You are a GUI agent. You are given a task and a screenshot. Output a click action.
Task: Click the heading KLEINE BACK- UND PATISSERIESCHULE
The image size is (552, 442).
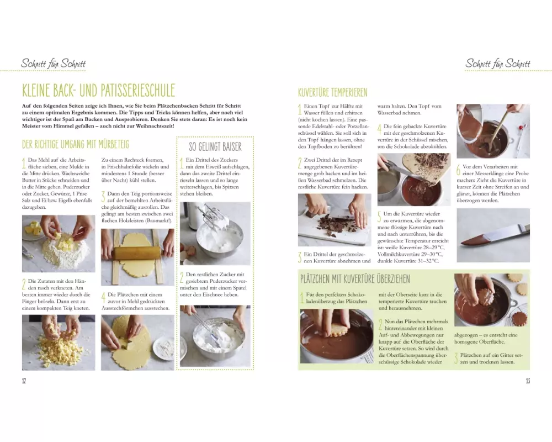point(98,90)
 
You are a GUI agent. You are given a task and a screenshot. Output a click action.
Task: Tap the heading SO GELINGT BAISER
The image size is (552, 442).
point(215,146)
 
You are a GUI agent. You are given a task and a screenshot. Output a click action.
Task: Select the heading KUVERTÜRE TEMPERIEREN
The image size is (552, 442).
point(332,92)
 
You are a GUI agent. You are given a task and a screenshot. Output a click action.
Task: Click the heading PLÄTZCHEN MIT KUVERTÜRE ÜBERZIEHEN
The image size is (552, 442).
point(355,279)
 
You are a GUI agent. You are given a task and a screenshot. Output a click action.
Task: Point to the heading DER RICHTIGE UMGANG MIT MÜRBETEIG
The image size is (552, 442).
point(75,144)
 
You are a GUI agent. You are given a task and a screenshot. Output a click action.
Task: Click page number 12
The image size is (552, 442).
point(24,381)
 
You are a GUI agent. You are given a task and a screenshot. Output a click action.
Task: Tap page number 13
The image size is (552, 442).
point(528,381)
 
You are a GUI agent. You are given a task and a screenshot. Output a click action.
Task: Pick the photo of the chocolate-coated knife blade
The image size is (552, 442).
point(493,235)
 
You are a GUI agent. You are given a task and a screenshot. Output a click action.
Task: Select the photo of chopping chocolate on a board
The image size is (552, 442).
point(335,220)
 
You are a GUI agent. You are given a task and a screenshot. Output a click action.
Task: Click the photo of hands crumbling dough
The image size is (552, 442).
point(59,343)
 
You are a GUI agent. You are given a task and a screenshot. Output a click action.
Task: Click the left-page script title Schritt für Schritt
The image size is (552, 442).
point(53,64)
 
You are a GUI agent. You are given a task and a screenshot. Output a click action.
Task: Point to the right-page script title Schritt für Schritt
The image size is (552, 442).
point(497,64)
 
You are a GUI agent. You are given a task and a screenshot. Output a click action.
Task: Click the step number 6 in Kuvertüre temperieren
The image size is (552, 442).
point(458,170)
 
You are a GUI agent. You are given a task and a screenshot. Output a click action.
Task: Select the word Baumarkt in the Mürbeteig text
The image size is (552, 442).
point(160,220)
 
